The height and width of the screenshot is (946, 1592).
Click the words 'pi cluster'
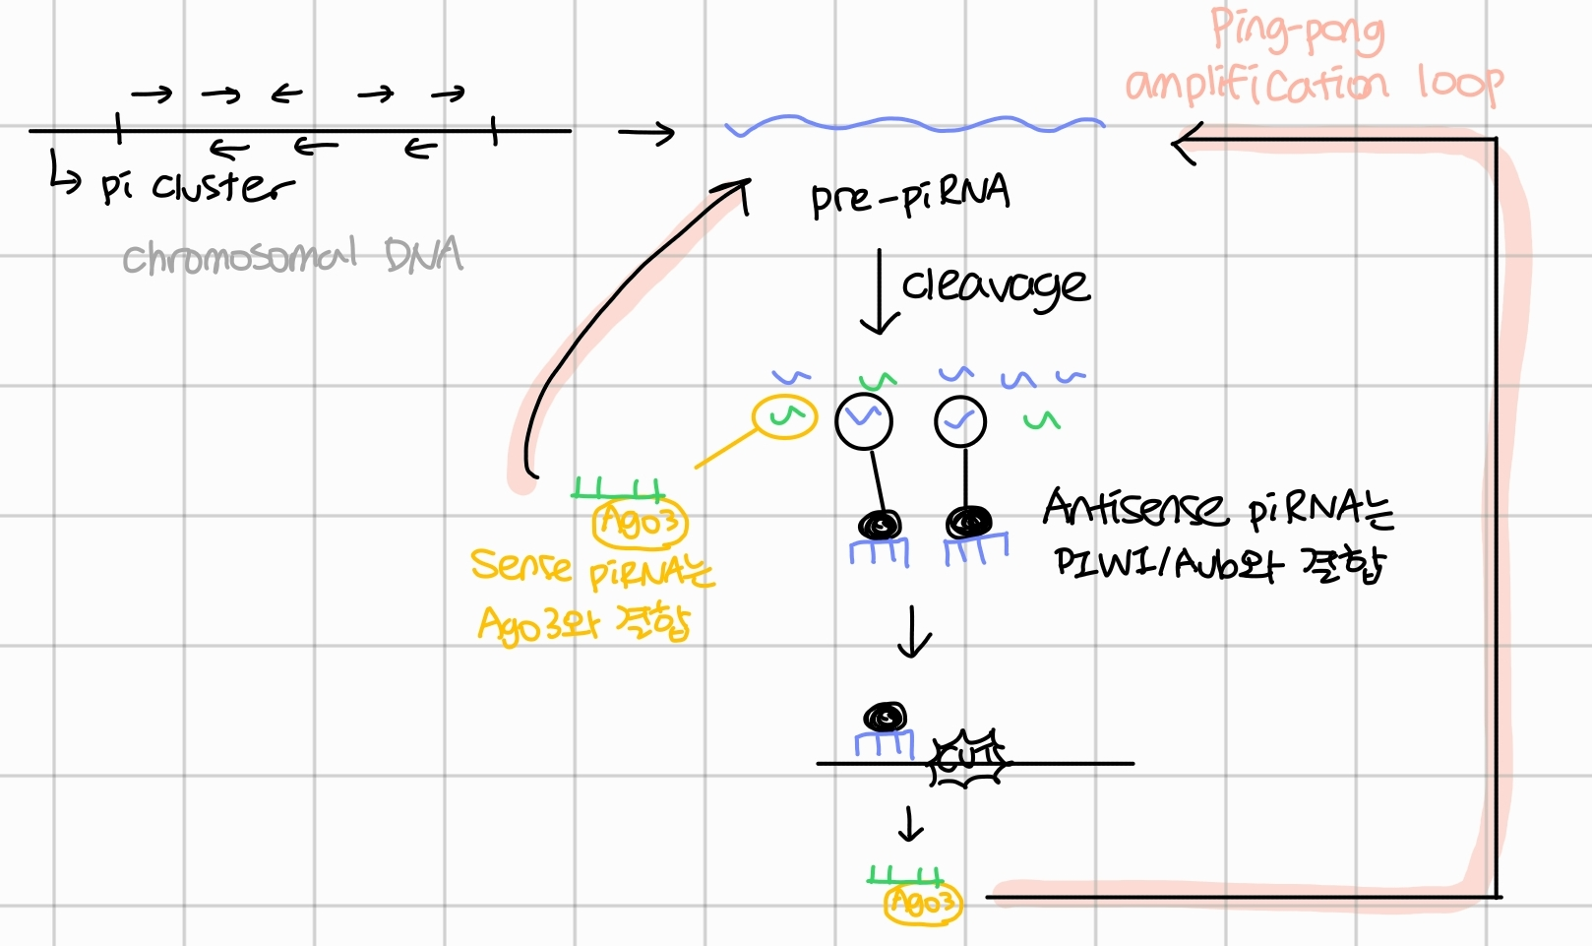[x=197, y=185]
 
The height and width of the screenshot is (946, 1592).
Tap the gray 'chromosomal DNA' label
[x=292, y=256]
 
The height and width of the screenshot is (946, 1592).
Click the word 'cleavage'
[x=995, y=285]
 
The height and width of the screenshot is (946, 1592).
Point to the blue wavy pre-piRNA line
[x=915, y=125]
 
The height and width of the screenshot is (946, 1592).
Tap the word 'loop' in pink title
[x=1460, y=83]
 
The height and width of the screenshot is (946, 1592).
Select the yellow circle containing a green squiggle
[x=784, y=416]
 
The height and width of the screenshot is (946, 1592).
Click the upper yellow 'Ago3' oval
[x=640, y=522]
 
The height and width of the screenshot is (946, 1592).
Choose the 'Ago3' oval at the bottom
[x=922, y=902]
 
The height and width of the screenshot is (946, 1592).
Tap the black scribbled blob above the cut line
[x=885, y=717]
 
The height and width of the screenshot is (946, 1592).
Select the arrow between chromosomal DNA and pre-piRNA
[x=645, y=132]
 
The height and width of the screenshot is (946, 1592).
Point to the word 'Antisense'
[x=1134, y=508]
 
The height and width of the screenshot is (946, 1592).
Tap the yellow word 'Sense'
[x=520, y=565]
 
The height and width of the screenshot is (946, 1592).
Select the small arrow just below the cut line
[x=910, y=824]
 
